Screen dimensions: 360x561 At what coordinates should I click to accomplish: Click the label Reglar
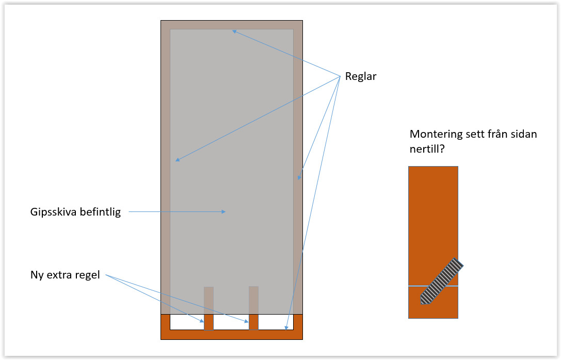click(361, 76)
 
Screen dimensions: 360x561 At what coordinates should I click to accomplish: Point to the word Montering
click(435, 134)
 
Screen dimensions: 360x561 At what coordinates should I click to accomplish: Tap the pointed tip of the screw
click(423, 302)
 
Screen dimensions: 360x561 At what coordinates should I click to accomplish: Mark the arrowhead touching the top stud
click(234, 31)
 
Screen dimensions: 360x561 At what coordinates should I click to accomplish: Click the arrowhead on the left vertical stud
click(177, 160)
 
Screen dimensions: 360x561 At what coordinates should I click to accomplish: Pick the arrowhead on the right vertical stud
click(299, 177)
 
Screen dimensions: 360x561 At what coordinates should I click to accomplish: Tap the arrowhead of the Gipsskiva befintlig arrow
click(223, 211)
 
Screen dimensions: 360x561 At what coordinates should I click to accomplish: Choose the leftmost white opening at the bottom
click(187, 322)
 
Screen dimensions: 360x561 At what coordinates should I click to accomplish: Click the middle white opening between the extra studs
click(231, 322)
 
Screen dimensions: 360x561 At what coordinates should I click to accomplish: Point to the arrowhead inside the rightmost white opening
click(286, 327)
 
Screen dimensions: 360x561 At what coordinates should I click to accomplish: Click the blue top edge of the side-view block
click(433, 166)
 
